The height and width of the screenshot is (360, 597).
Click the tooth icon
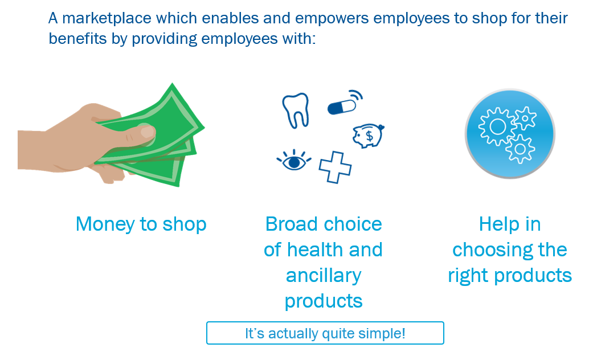[x=296, y=109]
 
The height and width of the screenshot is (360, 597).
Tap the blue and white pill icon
[x=341, y=107]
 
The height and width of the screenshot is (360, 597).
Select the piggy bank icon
[x=367, y=136]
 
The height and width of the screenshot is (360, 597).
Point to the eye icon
[x=294, y=161]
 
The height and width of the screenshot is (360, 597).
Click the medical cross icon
[x=335, y=167]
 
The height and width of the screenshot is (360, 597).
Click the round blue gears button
[x=509, y=133]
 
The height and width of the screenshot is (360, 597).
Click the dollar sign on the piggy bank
[x=369, y=136]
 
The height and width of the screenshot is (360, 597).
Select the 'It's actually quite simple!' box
[x=325, y=333]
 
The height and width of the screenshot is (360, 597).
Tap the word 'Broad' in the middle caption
[x=291, y=224]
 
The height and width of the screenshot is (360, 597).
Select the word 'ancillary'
[x=324, y=275]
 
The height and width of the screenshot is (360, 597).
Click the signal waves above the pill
[x=356, y=95]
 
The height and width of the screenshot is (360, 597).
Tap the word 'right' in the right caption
[x=468, y=276]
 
